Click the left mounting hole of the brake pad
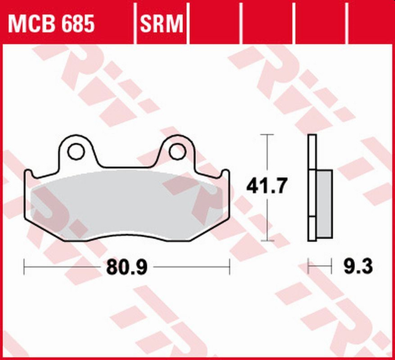76,152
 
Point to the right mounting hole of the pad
177,152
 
